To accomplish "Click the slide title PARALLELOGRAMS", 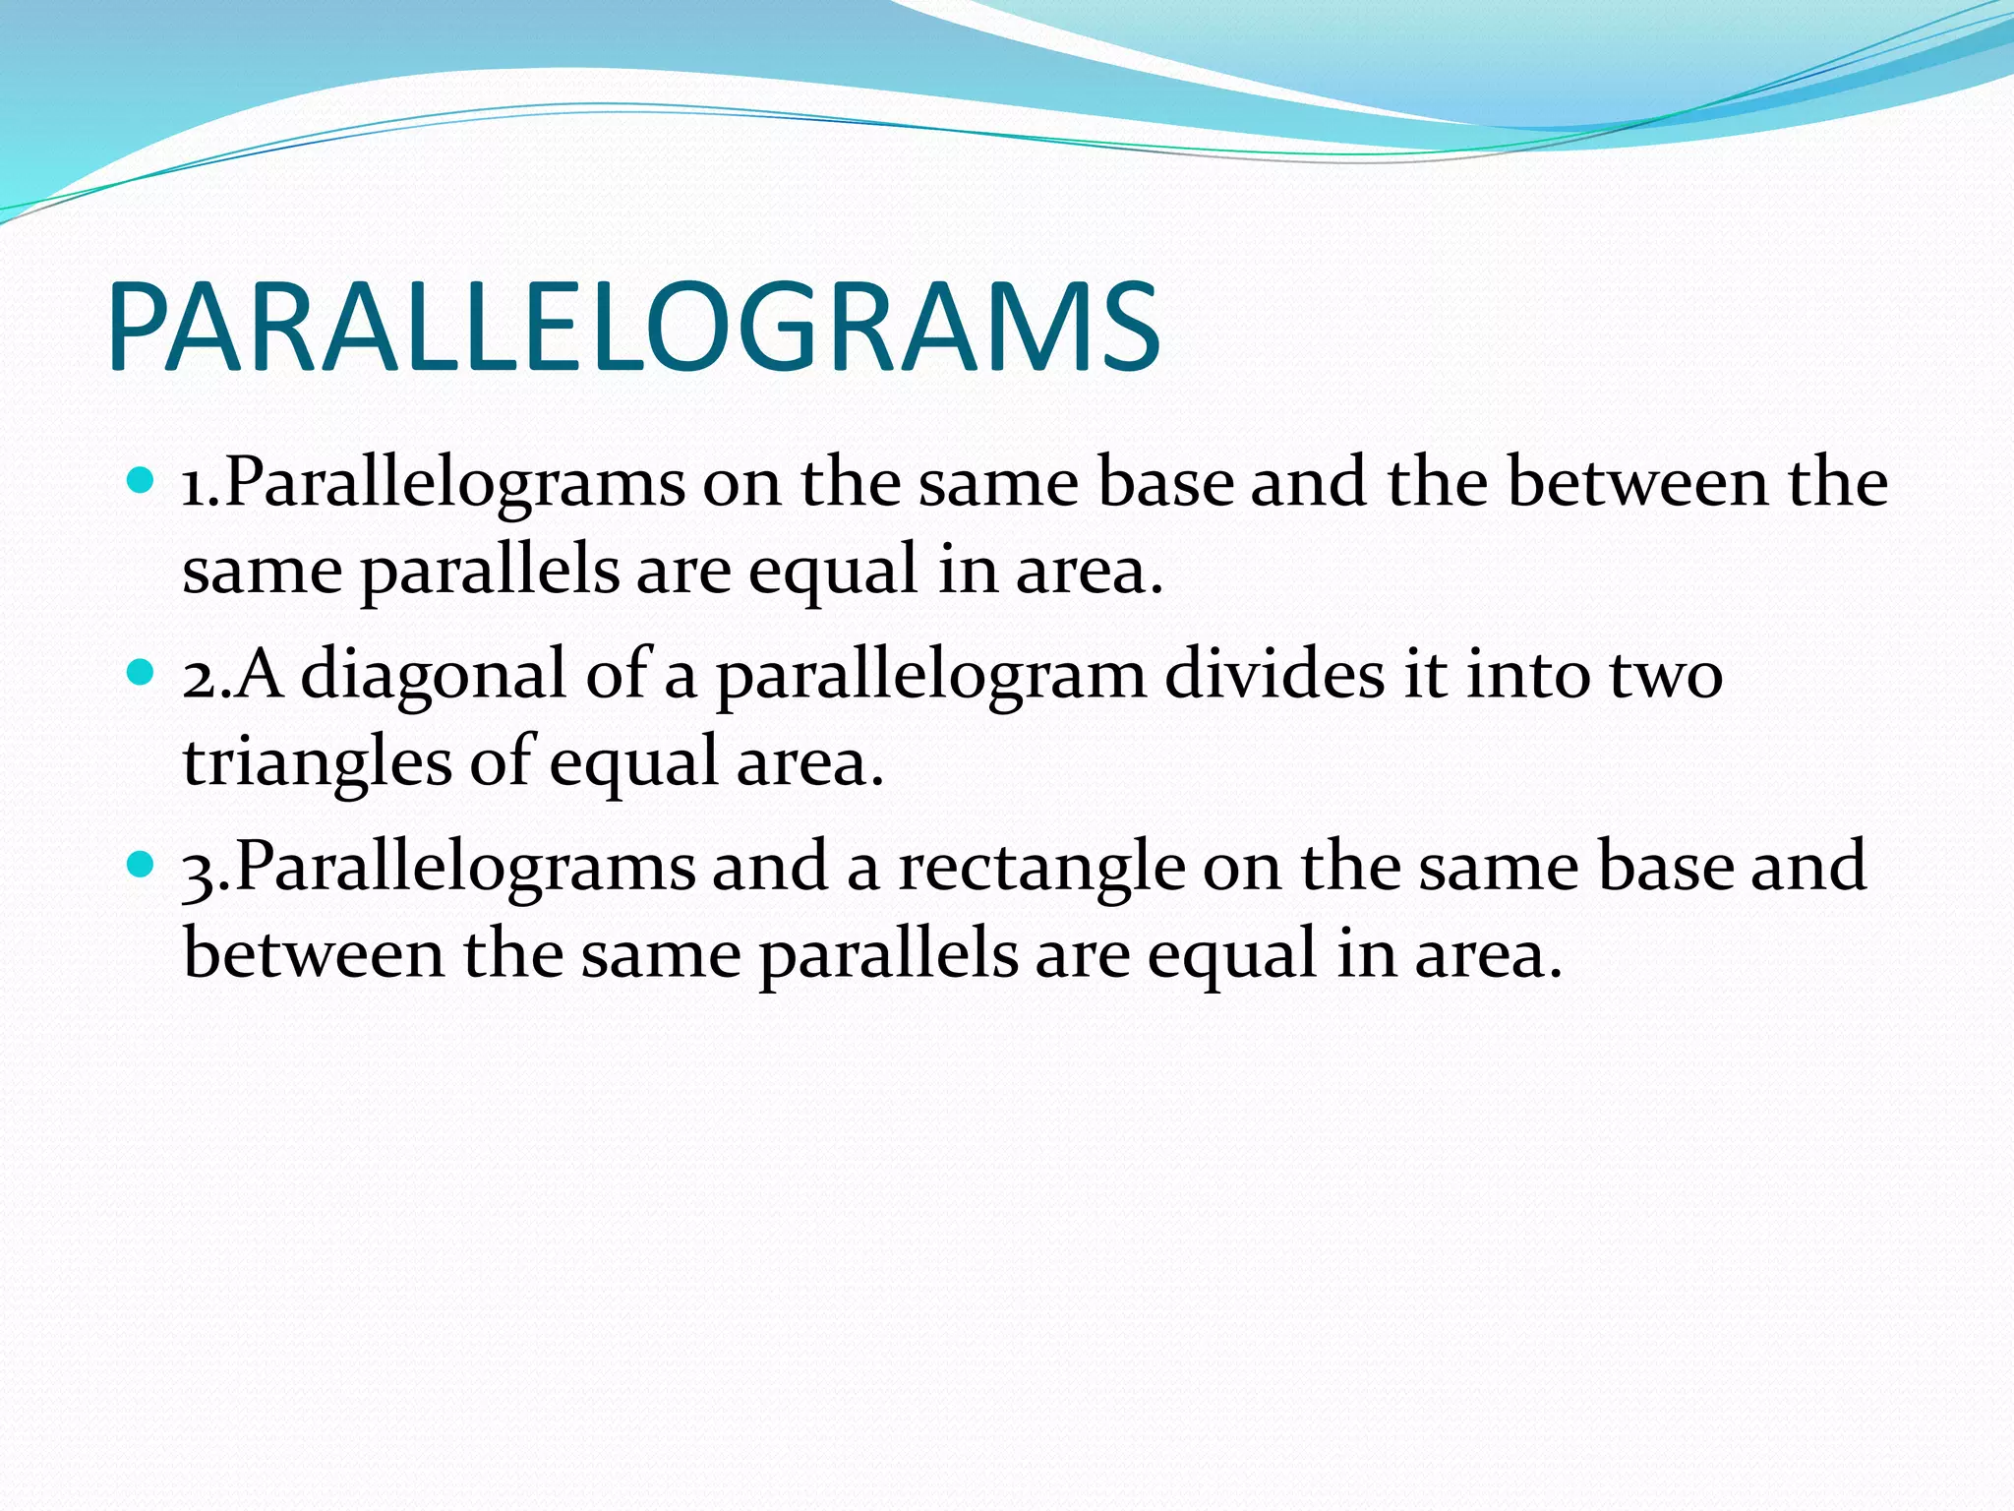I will pos(634,328).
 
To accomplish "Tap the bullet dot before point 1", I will pos(142,481).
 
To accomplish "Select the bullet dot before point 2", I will pos(142,673).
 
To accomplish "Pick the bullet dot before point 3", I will pos(142,865).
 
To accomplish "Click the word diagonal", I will pos(434,677).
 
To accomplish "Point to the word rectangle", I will pos(1041,869).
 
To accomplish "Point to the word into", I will pos(1528,677).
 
